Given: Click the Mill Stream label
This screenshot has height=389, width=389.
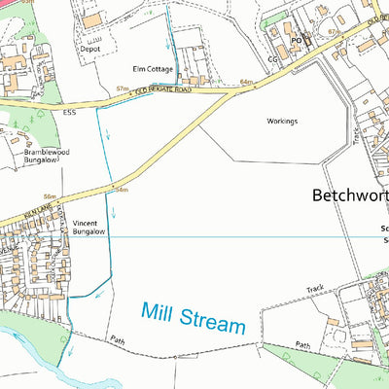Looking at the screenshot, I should tap(193, 318).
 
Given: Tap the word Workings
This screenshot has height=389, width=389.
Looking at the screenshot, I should tap(281, 122).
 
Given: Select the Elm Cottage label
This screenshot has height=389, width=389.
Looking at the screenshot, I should tap(153, 69).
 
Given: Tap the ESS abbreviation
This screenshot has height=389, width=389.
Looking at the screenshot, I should tap(69, 113).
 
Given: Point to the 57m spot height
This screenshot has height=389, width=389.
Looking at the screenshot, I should tap(123, 88).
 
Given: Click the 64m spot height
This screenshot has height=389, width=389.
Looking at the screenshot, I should tap(245, 83).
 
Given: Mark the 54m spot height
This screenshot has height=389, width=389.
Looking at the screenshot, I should tap(123, 190).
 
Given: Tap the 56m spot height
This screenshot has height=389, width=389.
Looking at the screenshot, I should tap(48, 196).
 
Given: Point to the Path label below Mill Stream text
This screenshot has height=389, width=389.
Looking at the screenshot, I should tap(302, 344).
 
